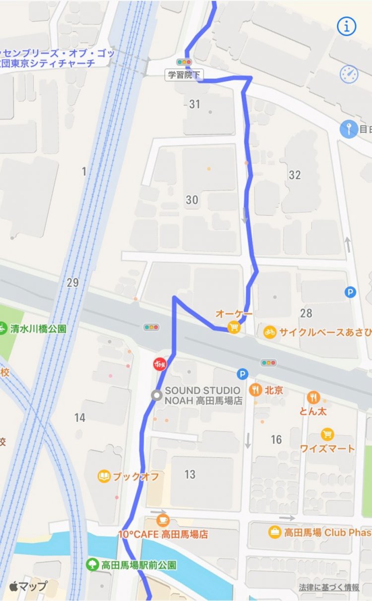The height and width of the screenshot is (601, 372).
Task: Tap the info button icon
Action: [x=347, y=27]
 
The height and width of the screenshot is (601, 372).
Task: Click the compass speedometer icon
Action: [x=349, y=74]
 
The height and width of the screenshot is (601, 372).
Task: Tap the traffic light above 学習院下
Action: [x=184, y=63]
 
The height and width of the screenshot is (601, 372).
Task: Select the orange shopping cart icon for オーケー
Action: [x=234, y=327]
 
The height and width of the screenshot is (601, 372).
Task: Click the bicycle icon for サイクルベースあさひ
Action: [x=269, y=331]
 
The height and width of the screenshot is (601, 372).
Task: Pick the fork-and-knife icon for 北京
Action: [x=256, y=390]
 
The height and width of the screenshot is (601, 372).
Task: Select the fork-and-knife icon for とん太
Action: [x=313, y=397]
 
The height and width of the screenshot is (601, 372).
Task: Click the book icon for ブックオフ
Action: [x=104, y=477]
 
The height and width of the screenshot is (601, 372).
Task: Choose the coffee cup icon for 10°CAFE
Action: [x=163, y=520]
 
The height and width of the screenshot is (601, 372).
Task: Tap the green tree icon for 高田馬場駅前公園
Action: [x=92, y=564]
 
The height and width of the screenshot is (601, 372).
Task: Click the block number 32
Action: [x=295, y=175]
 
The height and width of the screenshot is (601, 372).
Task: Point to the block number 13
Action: [x=190, y=474]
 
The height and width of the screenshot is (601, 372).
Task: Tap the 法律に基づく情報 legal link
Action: [x=329, y=587]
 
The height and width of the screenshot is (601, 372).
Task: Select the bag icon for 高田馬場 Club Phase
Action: [x=274, y=532]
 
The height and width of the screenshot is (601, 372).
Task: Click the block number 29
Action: [x=72, y=283]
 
